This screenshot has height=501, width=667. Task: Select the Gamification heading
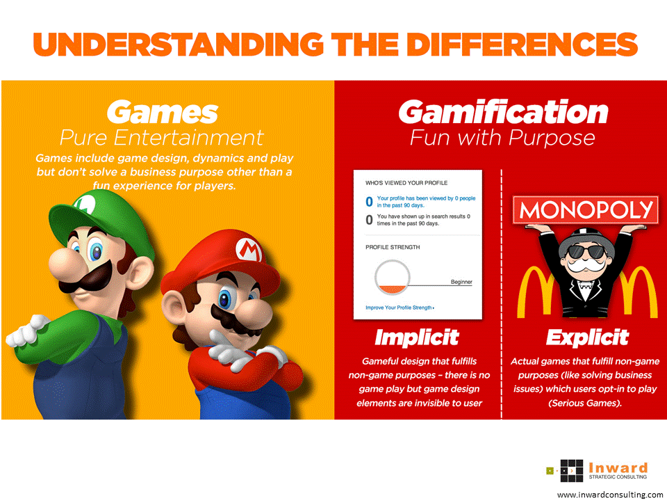[503, 112]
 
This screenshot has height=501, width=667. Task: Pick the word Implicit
[417, 338]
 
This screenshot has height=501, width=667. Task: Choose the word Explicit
[587, 338]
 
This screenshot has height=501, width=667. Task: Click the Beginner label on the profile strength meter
[461, 282]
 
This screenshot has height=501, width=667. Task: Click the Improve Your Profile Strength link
[400, 307]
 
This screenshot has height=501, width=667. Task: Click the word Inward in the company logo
[618, 468]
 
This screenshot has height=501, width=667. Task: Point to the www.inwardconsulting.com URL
[610, 494]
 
